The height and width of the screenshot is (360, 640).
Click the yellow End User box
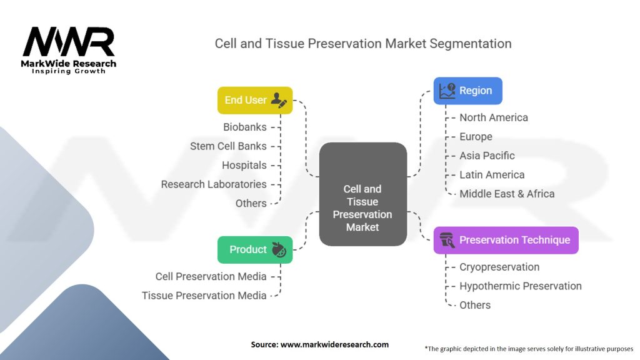tap(255, 100)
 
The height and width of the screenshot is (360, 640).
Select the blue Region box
tap(467, 91)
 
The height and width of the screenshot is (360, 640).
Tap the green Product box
tap(255, 249)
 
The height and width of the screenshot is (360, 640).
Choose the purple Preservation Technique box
tap(506, 240)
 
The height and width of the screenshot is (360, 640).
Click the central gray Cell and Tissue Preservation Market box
tap(363, 194)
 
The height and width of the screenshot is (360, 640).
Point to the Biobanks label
tap(245, 127)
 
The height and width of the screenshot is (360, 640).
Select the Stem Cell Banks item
tap(228, 146)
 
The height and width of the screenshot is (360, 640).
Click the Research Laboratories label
tap(214, 184)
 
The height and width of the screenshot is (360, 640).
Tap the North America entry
tap(494, 117)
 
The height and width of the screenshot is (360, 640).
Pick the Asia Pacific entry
tap(487, 156)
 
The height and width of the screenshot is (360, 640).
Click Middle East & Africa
tap(507, 194)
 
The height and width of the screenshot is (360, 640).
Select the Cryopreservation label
tap(499, 267)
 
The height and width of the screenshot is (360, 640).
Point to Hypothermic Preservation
tap(521, 286)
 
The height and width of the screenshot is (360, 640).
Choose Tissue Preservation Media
tap(204, 296)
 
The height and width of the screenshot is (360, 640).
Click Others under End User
tap(251, 203)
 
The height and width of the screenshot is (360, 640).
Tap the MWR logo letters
tap(69, 42)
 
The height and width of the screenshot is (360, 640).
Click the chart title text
tap(363, 44)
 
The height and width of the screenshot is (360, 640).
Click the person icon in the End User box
tap(279, 101)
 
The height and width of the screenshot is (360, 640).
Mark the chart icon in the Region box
tap(447, 91)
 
